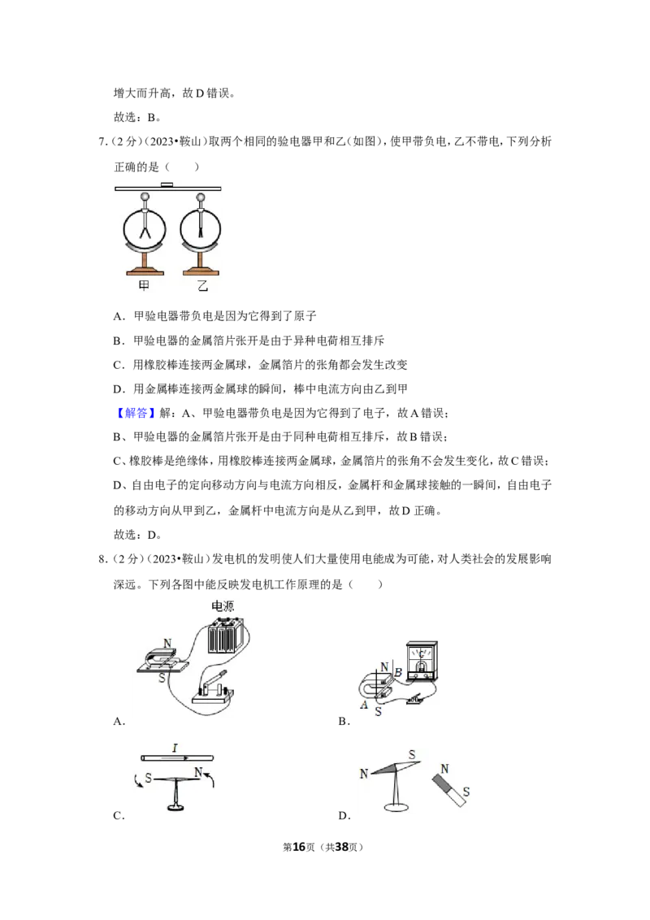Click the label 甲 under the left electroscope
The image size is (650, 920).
click(x=144, y=286)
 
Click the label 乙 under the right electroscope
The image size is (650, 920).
click(x=202, y=286)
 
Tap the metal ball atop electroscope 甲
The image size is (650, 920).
click(x=145, y=197)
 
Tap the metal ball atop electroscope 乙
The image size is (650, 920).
click(x=201, y=197)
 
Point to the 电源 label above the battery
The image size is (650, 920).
click(x=223, y=606)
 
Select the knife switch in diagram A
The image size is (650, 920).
click(x=212, y=687)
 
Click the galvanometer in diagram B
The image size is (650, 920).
click(x=421, y=662)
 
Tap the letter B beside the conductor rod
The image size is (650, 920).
click(x=398, y=673)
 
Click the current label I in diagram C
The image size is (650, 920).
click(x=175, y=748)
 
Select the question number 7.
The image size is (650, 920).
click(x=102, y=141)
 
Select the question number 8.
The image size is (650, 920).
click(x=102, y=559)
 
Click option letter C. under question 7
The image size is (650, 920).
click(x=119, y=365)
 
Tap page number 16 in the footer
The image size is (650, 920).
click(x=299, y=847)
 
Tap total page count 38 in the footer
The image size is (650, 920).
click(x=341, y=847)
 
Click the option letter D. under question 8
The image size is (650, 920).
click(x=344, y=815)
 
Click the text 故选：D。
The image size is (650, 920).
click(x=137, y=535)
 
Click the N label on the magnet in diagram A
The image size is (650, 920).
click(x=167, y=644)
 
